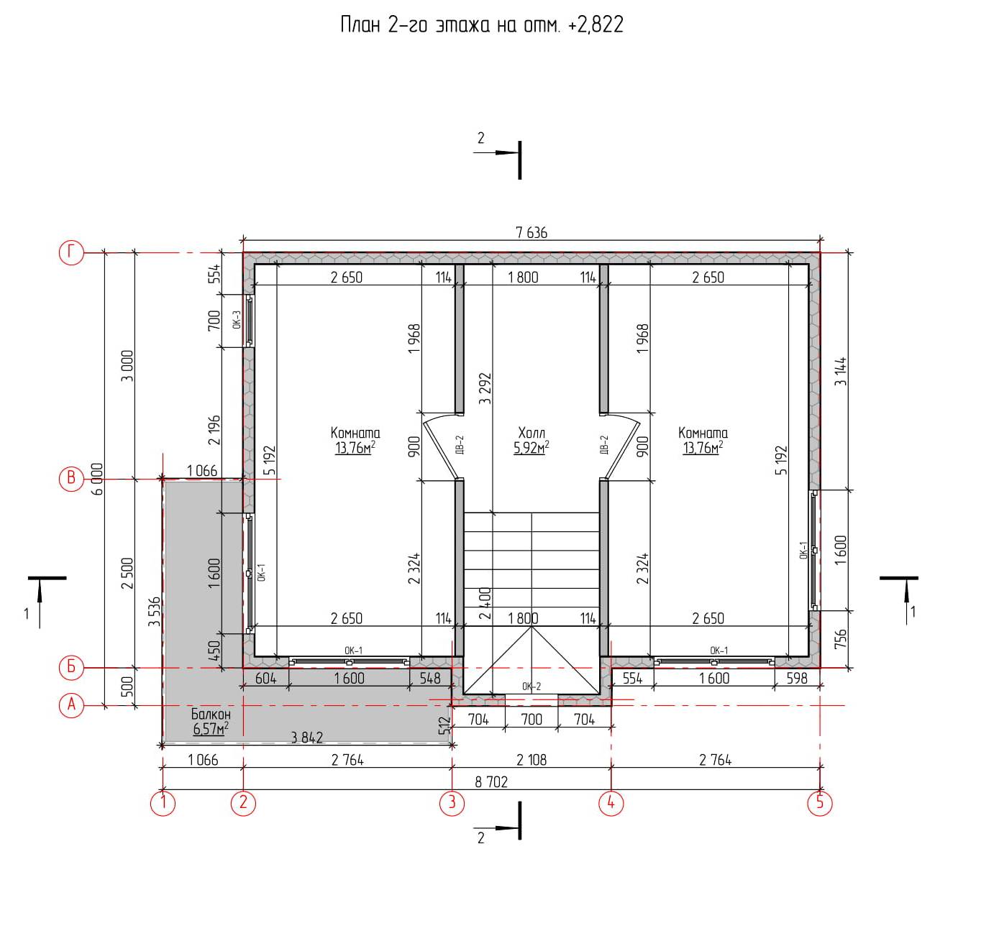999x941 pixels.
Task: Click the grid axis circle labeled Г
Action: coord(71,252)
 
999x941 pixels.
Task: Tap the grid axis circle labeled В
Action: coord(71,478)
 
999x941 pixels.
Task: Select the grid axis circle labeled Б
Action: coord(71,667)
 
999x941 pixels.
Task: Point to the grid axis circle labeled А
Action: coord(71,705)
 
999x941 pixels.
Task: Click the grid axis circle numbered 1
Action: coord(163,803)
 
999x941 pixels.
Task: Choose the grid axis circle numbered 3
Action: coord(452,803)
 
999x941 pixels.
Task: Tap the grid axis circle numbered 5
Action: coord(820,803)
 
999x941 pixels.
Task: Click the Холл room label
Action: coord(532,433)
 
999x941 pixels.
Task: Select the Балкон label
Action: coord(211,714)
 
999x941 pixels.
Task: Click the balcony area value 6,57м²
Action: coord(211,728)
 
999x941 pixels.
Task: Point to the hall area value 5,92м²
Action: coord(532,447)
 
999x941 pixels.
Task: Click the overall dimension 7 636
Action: coord(532,233)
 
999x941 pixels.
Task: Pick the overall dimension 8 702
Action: coord(491,782)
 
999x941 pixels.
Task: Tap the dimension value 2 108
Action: coord(532,760)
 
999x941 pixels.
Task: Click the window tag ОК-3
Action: coord(237,319)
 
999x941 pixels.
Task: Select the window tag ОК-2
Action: coord(532,687)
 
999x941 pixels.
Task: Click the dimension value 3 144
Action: coord(841,371)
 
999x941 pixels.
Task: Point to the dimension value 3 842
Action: coord(307,738)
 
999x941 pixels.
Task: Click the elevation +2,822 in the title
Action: coord(596,24)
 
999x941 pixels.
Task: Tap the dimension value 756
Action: coord(841,639)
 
